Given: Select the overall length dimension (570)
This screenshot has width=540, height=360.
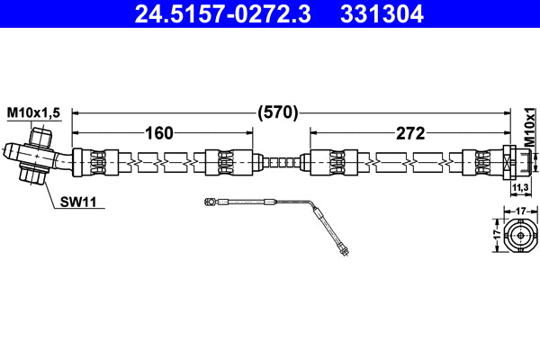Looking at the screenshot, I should [278, 113].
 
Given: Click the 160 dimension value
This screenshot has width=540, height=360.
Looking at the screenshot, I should [158, 133].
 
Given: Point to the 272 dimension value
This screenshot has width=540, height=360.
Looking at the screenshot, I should [409, 133].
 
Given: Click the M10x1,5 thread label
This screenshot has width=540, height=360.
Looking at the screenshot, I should [34, 112].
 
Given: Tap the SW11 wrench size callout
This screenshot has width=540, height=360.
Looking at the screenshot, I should [78, 202].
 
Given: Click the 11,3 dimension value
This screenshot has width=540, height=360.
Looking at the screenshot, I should [519, 188].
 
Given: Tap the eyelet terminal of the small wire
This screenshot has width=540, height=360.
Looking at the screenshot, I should [209, 203].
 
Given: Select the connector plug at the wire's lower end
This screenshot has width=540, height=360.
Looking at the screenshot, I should [343, 247].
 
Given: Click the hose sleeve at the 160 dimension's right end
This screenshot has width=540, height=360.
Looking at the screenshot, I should [224, 163].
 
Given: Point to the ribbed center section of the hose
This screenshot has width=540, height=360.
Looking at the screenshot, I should [280, 163].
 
